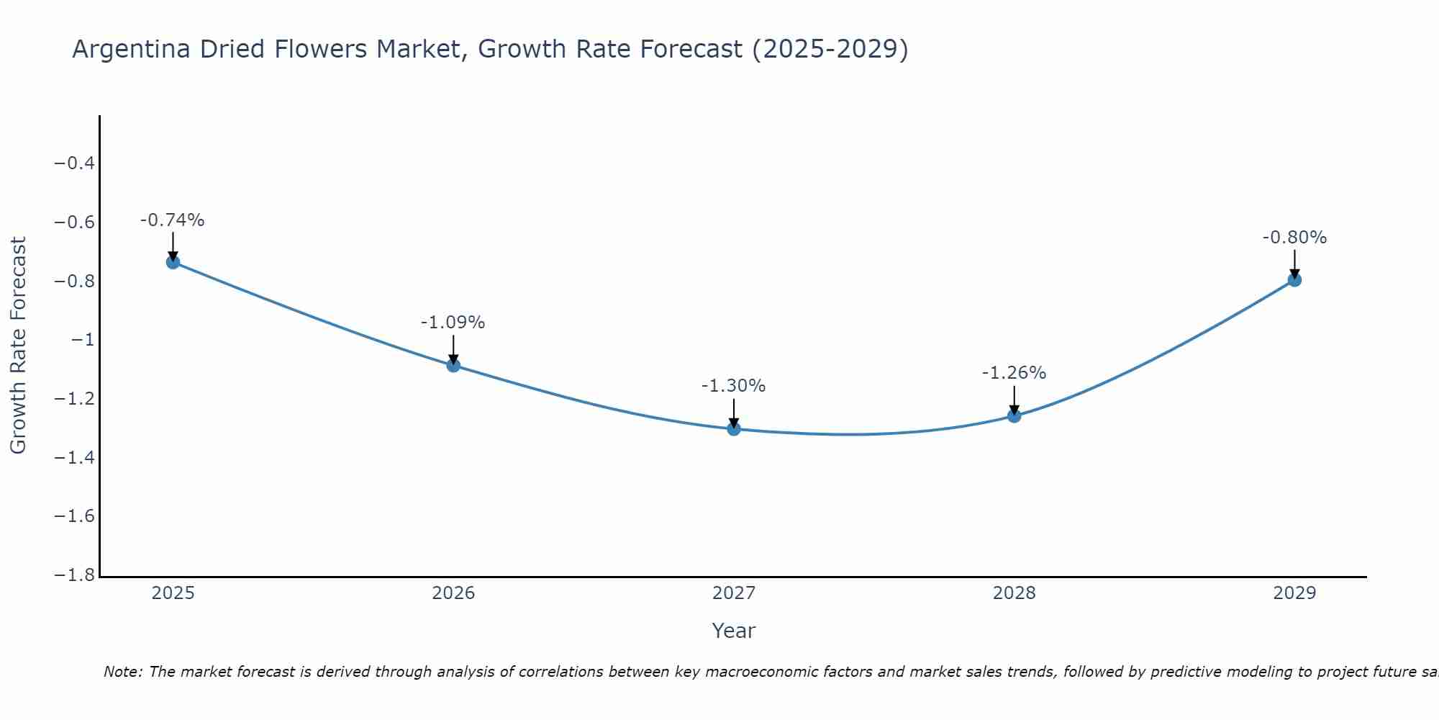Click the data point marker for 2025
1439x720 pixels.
click(173, 262)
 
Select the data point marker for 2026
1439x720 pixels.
click(453, 365)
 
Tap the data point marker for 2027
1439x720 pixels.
click(734, 429)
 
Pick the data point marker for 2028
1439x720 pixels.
click(1014, 415)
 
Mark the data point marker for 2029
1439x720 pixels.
click(1294, 280)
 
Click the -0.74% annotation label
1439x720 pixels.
click(172, 220)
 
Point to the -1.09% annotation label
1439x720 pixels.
click(453, 323)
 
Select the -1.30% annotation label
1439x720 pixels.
click(733, 386)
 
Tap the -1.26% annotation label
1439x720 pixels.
click(1014, 373)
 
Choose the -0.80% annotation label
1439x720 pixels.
click(1294, 238)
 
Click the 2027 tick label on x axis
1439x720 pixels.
click(734, 593)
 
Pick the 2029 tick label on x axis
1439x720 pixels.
click(1294, 593)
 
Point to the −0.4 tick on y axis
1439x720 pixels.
click(74, 163)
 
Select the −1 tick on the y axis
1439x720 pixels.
click(83, 340)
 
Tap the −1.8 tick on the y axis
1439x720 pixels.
click(74, 575)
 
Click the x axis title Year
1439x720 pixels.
click(733, 631)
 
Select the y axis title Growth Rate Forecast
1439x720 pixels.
click(18, 346)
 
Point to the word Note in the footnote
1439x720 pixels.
click(122, 672)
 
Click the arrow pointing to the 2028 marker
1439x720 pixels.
click(1014, 400)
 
